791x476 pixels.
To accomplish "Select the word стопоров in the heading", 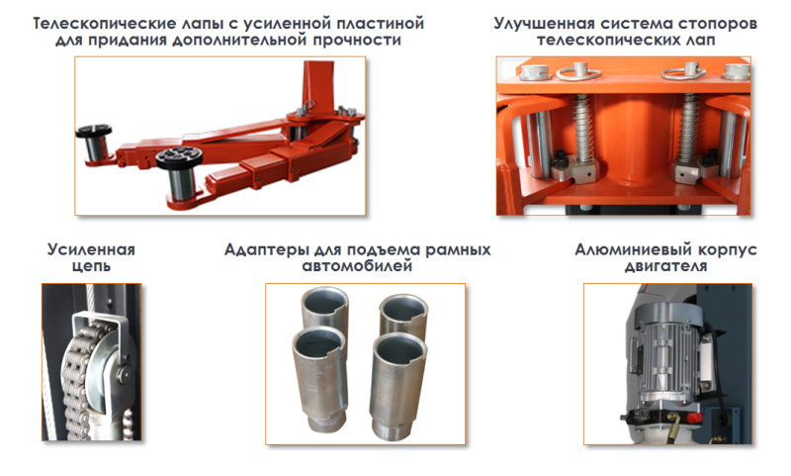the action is coord(718,24).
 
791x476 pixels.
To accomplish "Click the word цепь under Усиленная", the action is coord(91,266).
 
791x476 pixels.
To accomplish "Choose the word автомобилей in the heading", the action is coord(357,266).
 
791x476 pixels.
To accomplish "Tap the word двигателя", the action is coord(665,266).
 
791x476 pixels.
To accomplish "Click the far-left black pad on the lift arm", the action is coord(94,132).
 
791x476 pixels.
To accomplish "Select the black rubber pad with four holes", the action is coord(179,158).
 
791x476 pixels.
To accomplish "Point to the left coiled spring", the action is coord(582,130).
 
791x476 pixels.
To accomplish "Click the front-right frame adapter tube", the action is coord(398,387).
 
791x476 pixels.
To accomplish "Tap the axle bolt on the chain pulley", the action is coord(122,373).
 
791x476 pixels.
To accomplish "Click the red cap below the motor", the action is coord(694,418).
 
